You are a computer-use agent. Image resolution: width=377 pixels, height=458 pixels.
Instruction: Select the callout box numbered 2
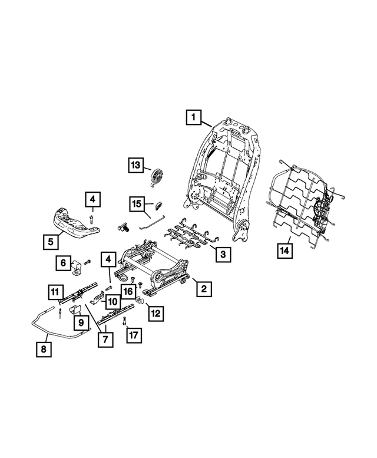(x=203, y=289)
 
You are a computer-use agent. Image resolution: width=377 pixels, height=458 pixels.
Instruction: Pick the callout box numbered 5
(x=51, y=240)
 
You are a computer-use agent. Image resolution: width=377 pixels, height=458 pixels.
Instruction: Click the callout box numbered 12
(x=156, y=314)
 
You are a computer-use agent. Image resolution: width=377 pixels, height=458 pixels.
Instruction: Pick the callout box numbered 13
(x=137, y=166)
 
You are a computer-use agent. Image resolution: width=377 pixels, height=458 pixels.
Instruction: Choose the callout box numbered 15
(x=137, y=205)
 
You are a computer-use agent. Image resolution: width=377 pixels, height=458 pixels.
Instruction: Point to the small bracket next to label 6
(x=77, y=268)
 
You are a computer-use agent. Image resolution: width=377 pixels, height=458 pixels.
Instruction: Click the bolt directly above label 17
(x=125, y=321)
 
